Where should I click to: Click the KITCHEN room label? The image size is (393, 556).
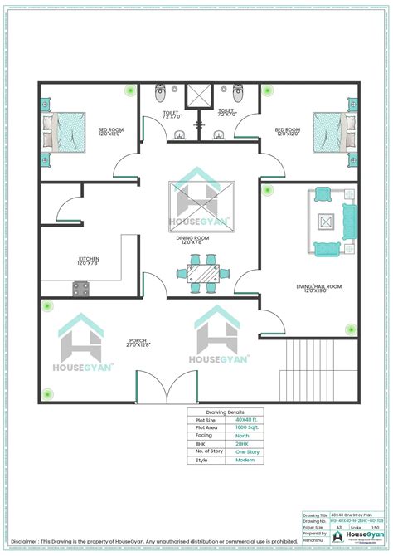click(x=89, y=260)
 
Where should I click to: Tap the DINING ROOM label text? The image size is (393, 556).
click(x=192, y=239)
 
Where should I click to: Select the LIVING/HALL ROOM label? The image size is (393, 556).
click(x=319, y=288)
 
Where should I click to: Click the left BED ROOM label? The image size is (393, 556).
click(x=110, y=132)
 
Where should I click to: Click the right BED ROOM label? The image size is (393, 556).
click(x=287, y=132)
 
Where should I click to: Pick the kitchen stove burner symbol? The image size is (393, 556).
click(x=82, y=288)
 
